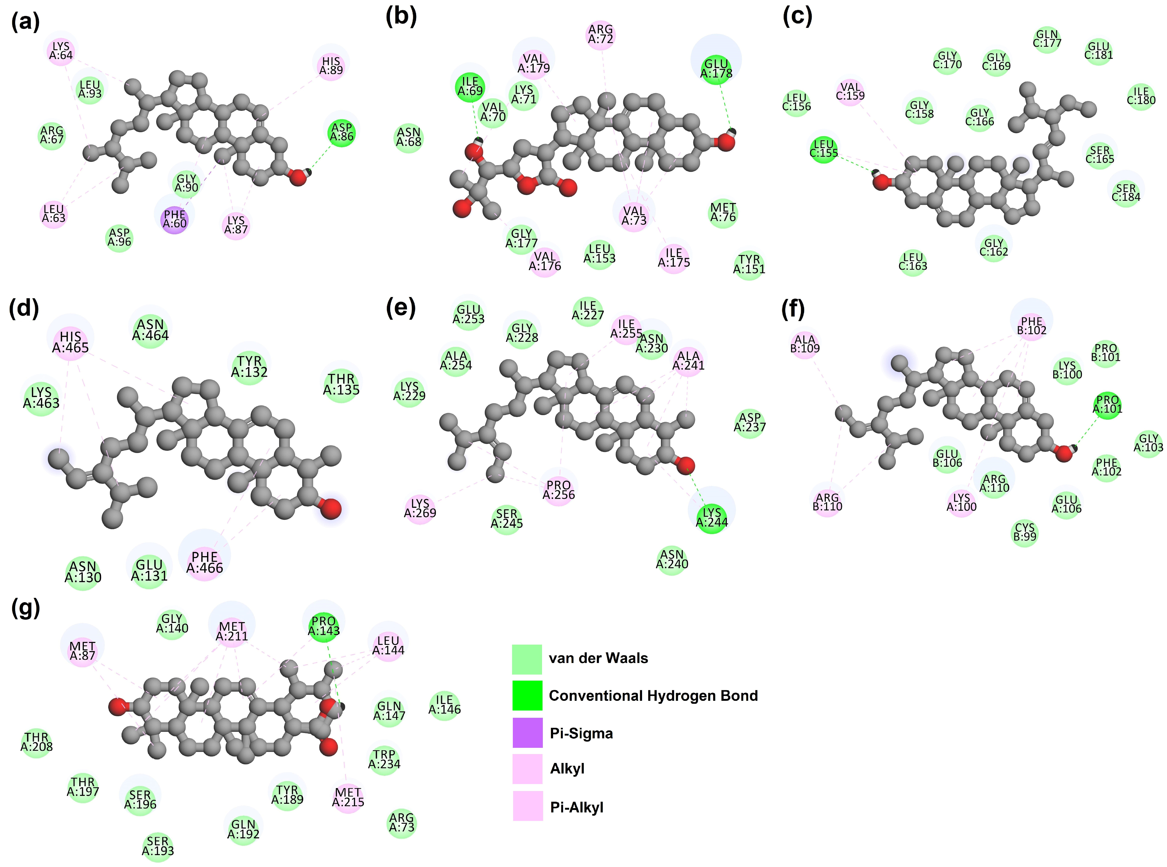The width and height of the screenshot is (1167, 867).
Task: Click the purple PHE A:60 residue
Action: tap(175, 219)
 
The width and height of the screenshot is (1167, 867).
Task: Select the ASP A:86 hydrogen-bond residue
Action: tap(342, 132)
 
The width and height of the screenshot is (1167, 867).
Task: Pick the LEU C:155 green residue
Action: tap(823, 149)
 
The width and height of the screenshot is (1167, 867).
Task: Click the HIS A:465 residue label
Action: tap(70, 342)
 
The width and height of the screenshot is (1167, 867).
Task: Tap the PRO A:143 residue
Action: tap(324, 626)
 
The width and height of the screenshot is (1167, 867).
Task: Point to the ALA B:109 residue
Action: tap(805, 344)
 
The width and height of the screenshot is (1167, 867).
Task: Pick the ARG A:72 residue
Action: tap(600, 34)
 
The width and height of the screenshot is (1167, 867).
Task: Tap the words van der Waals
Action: tap(598, 658)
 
